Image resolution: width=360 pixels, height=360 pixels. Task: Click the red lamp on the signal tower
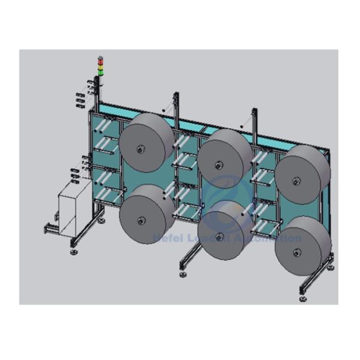click(100, 60)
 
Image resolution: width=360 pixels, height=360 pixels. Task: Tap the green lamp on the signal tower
click(100, 73)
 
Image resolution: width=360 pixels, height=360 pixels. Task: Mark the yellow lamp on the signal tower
click(100, 66)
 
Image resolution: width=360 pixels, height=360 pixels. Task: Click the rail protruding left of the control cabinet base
click(49, 228)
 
